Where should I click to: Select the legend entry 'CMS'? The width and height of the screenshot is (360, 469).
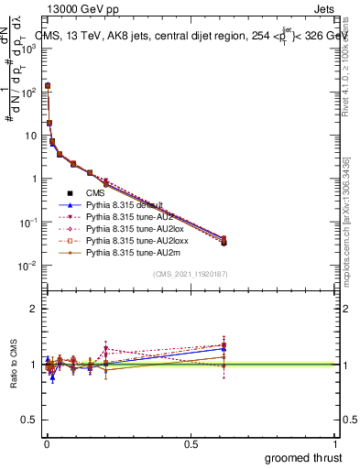pyautogui.click(x=95, y=193)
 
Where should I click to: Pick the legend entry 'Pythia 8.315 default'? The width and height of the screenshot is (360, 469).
pyautogui.click(x=124, y=205)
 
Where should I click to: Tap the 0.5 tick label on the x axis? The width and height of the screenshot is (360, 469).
pyautogui.click(x=190, y=444)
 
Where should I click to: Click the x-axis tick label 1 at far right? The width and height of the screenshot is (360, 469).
pyautogui.click(x=334, y=444)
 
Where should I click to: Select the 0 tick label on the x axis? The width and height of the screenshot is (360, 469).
pyautogui.click(x=46, y=444)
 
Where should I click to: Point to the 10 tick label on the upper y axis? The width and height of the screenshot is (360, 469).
pyautogui.click(x=29, y=136)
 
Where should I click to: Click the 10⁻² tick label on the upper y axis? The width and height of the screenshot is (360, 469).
pyautogui.click(x=27, y=266)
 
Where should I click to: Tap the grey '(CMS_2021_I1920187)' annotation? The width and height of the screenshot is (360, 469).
pyautogui.click(x=190, y=275)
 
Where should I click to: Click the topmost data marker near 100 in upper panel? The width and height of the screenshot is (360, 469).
pyautogui.click(x=47, y=86)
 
